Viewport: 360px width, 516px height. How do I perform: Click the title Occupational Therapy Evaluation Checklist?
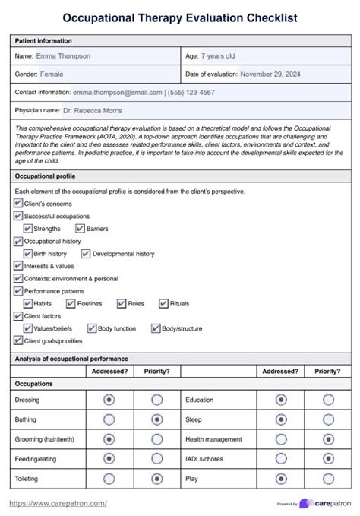(180, 17)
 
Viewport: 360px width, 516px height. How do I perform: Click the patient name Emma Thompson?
(63, 55)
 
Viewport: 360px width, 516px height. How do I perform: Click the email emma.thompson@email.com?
(117, 92)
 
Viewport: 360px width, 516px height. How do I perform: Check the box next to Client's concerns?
(18, 204)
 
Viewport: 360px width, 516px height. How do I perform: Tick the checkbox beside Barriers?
(81, 228)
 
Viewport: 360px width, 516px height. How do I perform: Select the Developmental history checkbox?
(86, 254)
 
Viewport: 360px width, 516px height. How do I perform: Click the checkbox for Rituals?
(163, 303)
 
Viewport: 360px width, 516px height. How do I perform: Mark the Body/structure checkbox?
(156, 328)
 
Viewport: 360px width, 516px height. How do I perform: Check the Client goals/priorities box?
(18, 341)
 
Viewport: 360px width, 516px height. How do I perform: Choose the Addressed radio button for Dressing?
(109, 399)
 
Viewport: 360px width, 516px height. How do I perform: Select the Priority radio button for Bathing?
(157, 419)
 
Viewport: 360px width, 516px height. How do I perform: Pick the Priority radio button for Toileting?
(157, 479)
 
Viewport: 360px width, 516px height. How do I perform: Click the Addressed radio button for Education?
(281, 399)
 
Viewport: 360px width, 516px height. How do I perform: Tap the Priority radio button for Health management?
(328, 438)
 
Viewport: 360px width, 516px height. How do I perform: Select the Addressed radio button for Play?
(281, 479)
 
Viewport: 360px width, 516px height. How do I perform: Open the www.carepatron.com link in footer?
(58, 503)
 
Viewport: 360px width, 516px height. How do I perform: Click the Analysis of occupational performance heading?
(71, 358)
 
